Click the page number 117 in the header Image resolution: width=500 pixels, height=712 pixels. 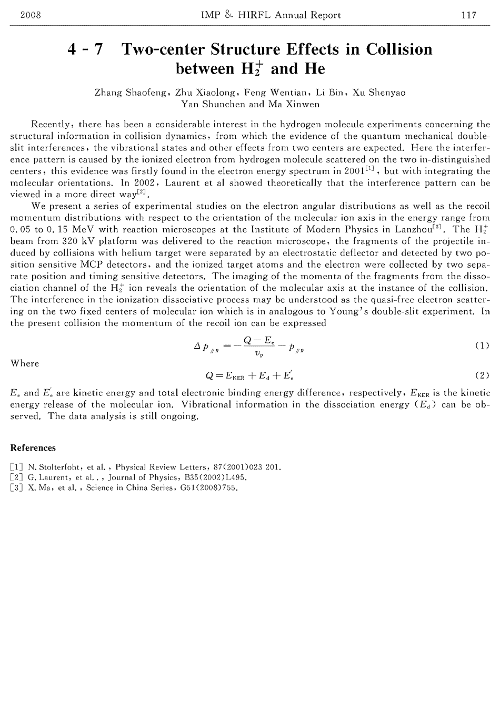click(x=469, y=15)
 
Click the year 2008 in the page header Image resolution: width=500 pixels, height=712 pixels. click(x=31, y=15)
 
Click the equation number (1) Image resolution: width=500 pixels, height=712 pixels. click(x=482, y=345)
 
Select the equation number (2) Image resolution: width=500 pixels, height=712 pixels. click(x=482, y=375)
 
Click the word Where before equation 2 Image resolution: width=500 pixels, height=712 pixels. click(x=25, y=363)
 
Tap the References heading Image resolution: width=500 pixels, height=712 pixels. click(x=33, y=448)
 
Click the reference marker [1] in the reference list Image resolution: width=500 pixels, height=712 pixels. click(x=16, y=467)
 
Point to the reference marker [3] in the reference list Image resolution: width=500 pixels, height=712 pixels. click(x=16, y=488)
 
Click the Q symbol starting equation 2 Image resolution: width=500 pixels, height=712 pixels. click(x=209, y=375)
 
